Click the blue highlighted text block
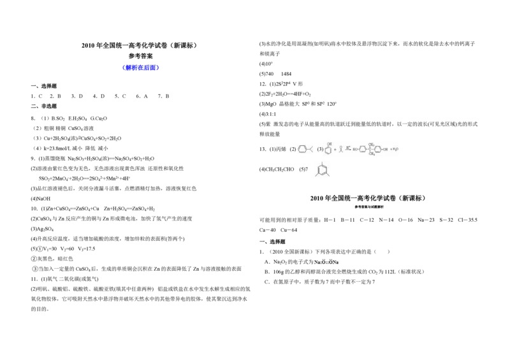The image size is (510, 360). pos(141,67)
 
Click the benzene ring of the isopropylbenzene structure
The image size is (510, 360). pos(302,150)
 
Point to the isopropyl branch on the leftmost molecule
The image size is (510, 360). pos(310,149)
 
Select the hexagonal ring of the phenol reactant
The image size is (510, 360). pos(328,151)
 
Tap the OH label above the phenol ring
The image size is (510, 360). pos(330,144)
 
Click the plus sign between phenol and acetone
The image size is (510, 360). pos(335,150)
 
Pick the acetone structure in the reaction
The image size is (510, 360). pos(341,149)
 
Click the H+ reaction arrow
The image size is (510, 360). pos(348,149)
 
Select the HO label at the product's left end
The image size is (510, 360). pos(355,150)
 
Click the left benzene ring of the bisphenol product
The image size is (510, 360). pos(362,150)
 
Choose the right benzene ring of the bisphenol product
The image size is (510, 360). pos(378,150)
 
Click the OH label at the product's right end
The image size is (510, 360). pos(386,150)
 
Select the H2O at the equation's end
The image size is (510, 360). pos(396,150)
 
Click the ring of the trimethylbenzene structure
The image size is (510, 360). pos(322,169)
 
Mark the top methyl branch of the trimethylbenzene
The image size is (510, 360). pos(322,162)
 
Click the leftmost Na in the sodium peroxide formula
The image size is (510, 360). pos(317,262)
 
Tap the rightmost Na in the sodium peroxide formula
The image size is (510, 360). pos(337,262)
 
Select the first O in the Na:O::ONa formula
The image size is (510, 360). pos(324,262)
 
